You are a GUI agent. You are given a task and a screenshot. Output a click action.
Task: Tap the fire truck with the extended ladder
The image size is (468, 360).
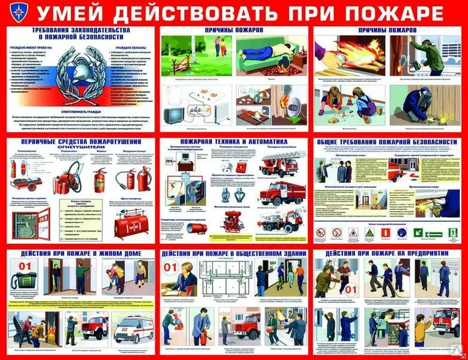[x=282, y=164]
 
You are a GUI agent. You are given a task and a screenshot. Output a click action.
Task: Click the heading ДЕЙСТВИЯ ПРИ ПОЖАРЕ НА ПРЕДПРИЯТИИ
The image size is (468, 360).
[x=386, y=254]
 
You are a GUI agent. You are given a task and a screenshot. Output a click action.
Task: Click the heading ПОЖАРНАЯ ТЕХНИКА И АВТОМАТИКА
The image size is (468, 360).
[x=233, y=142]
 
